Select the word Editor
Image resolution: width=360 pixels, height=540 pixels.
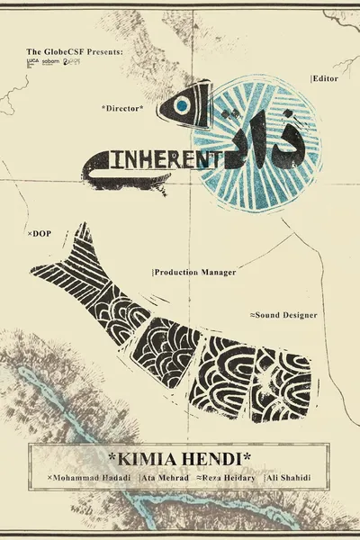click(325, 79)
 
